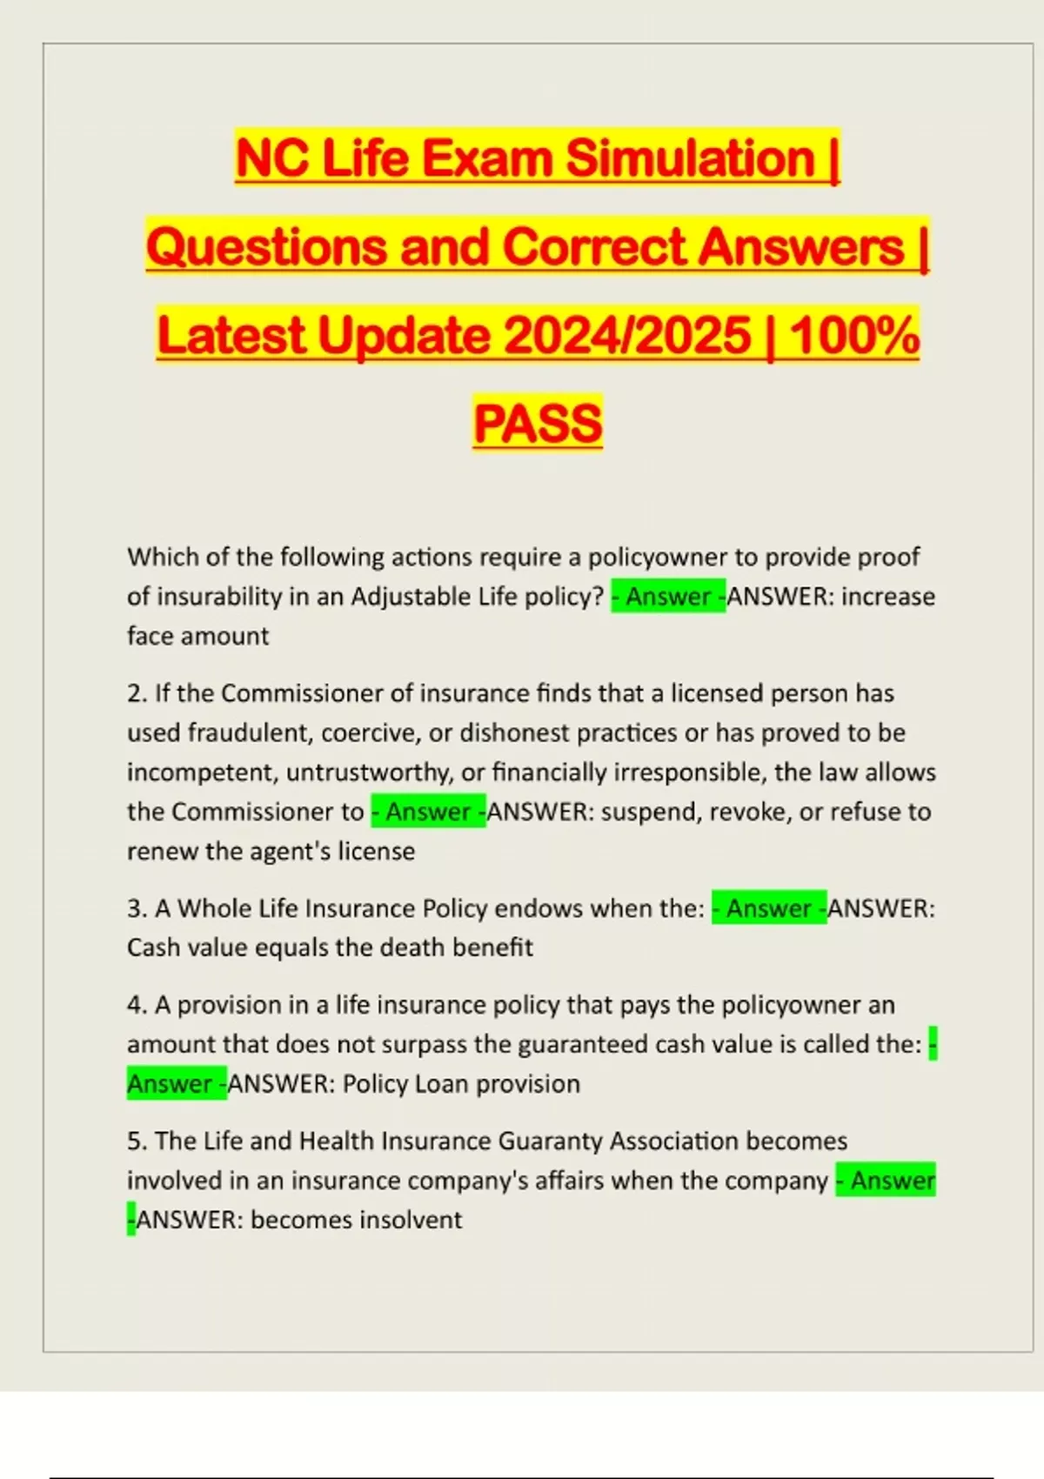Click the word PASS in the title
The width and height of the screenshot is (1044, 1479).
click(x=538, y=424)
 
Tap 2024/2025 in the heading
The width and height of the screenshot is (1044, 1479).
click(x=627, y=336)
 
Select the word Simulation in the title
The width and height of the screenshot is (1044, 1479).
click(x=690, y=159)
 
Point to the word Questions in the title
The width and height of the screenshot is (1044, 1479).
click(x=265, y=247)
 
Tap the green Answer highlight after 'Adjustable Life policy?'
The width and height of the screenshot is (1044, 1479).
click(x=668, y=597)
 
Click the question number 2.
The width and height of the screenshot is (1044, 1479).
click(x=136, y=693)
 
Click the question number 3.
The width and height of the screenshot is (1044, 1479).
click(x=136, y=908)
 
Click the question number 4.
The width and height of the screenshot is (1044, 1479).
click(x=136, y=1005)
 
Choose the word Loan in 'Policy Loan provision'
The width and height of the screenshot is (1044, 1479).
click(x=445, y=1084)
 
